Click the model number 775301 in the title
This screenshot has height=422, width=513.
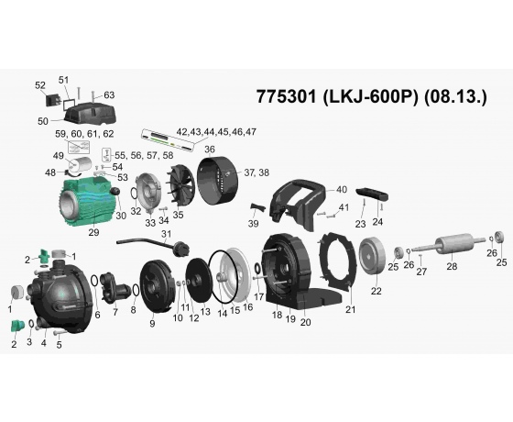coord(286,96)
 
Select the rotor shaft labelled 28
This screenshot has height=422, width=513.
coord(449,245)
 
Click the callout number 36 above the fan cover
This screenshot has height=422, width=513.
coord(210,150)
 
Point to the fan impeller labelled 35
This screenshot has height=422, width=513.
coord(180,184)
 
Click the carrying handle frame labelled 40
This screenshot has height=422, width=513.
coord(296,203)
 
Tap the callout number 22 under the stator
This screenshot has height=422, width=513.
coord(377,291)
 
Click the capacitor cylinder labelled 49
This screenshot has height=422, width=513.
coord(81,164)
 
